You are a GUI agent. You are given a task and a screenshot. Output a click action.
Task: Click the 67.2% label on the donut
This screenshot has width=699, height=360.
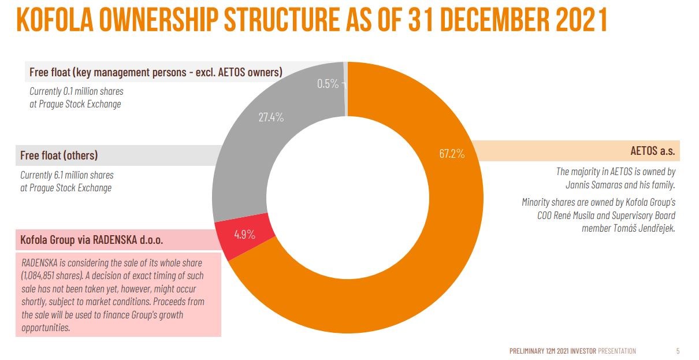(x=452, y=154)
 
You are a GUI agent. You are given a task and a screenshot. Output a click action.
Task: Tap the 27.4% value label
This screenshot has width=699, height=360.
(x=270, y=117)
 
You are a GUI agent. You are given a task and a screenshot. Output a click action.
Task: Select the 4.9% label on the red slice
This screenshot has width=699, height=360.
(x=245, y=235)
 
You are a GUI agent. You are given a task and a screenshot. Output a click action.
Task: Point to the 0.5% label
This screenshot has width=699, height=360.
(x=328, y=83)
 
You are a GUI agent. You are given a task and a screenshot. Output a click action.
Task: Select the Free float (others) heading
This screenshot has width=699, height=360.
(x=59, y=155)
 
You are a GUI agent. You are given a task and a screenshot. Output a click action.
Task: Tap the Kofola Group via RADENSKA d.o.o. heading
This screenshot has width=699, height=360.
(x=92, y=239)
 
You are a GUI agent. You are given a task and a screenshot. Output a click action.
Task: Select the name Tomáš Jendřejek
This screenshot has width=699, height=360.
(x=641, y=228)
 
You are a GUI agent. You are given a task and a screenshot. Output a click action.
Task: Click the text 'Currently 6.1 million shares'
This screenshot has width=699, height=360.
(x=67, y=175)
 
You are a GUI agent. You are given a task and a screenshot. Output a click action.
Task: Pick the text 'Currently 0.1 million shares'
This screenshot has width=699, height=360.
(x=76, y=91)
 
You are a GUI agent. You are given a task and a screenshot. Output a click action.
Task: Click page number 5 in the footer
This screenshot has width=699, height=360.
(x=678, y=351)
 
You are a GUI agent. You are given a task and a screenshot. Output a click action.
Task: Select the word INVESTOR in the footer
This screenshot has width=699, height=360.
(x=583, y=351)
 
